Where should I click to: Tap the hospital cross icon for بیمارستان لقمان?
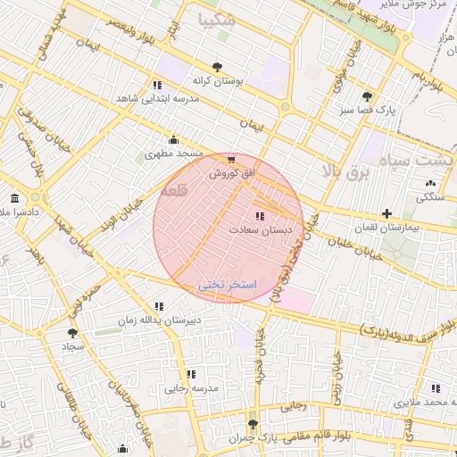coord(386,213)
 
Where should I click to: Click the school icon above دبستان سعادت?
coord(260,217)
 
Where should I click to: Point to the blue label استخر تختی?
coord(227,285)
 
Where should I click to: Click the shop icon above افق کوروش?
coord(232,160)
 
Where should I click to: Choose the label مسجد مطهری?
coord(174,154)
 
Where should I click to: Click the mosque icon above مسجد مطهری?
coord(173,139)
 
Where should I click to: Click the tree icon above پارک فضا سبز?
coord(367,96)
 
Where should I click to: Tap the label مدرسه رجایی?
coord(191,388)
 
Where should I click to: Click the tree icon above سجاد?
coord(72,332)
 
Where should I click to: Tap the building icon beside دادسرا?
coord(13,198)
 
